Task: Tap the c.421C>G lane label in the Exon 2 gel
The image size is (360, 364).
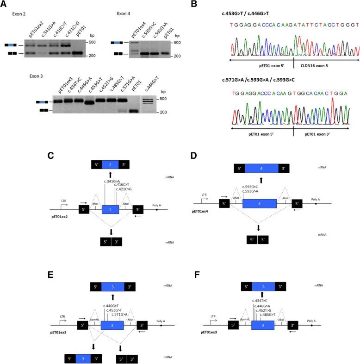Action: [x=69, y=31]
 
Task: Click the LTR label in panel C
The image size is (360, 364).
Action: [x=64, y=201]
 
